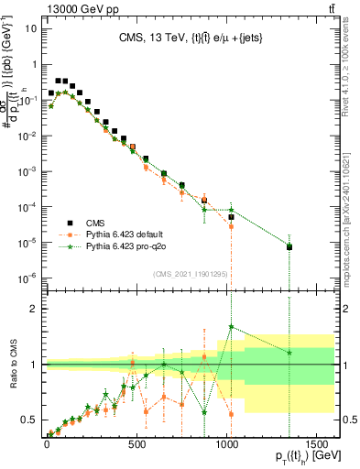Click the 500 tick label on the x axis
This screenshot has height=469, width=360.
136,450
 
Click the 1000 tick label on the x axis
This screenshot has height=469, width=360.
226,450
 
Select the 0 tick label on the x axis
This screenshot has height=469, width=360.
47,450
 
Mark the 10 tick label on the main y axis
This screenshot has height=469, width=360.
28,27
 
